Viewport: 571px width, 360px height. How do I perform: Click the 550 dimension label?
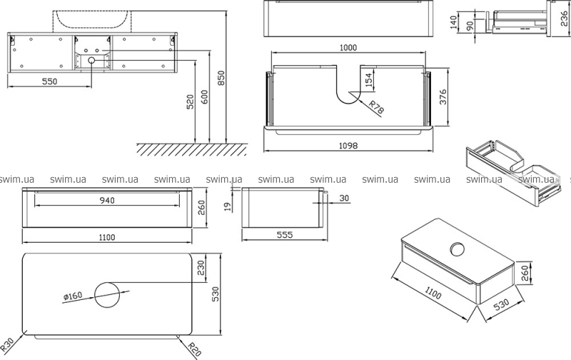(x=49, y=81)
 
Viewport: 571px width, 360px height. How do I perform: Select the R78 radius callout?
(x=377, y=107)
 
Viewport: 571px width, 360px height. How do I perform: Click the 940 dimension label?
(x=106, y=201)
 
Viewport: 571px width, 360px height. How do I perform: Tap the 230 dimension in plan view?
(x=202, y=269)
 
